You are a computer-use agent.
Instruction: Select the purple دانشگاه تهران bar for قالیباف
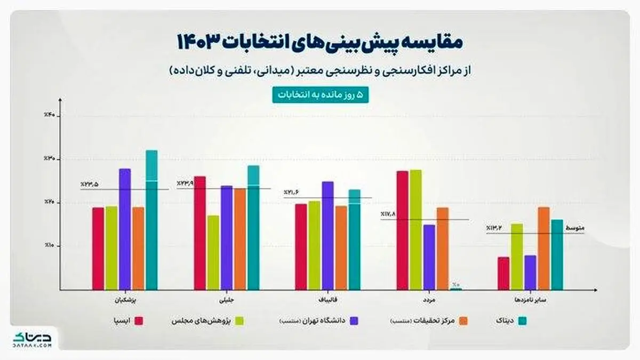[327, 235]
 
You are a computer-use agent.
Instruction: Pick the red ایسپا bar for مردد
[402, 230]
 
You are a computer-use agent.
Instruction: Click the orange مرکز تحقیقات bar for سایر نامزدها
[543, 248]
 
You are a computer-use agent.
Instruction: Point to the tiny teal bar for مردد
[456, 289]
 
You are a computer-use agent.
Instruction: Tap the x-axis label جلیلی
[226, 300]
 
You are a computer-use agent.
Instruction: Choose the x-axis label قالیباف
[327, 300]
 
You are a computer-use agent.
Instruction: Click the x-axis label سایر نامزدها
[530, 300]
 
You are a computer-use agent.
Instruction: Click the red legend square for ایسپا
[140, 321]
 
